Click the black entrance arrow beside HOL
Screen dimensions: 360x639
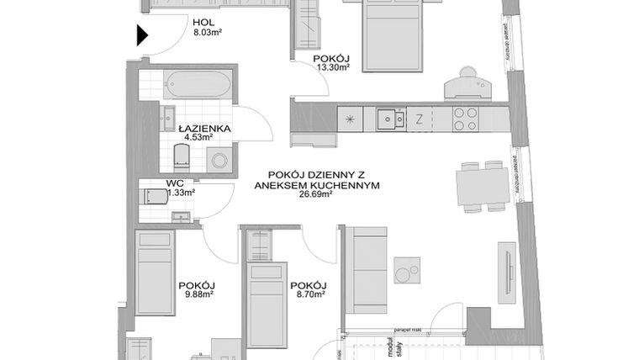pos(142,35)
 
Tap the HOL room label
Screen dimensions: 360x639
pos(203,24)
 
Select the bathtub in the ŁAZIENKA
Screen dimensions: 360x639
pos(194,84)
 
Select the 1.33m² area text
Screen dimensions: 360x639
pos(182,193)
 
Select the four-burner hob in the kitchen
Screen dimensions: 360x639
pos(465,119)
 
